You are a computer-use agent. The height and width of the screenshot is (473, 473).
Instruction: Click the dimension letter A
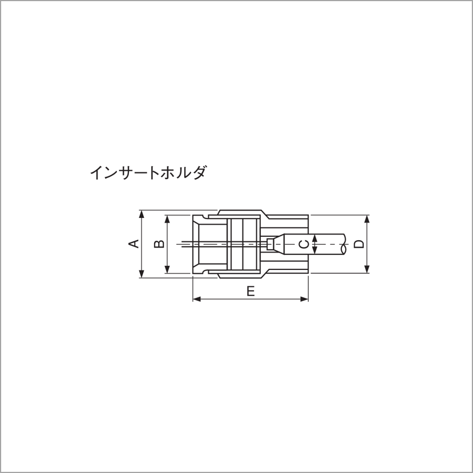(134, 244)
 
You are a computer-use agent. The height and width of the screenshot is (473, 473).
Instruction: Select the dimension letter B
(160, 244)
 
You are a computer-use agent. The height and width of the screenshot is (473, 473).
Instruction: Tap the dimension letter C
(305, 244)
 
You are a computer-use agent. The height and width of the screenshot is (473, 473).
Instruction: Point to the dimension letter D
(358, 244)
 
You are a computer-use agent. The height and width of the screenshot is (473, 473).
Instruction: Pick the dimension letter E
(250, 291)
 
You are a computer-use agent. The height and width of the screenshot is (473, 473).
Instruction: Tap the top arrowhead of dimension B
(167, 219)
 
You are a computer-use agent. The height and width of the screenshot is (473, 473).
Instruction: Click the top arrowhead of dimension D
(367, 219)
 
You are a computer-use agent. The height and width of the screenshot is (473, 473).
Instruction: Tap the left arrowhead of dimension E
(196, 298)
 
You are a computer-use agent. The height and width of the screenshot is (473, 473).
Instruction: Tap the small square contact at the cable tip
(270, 244)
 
